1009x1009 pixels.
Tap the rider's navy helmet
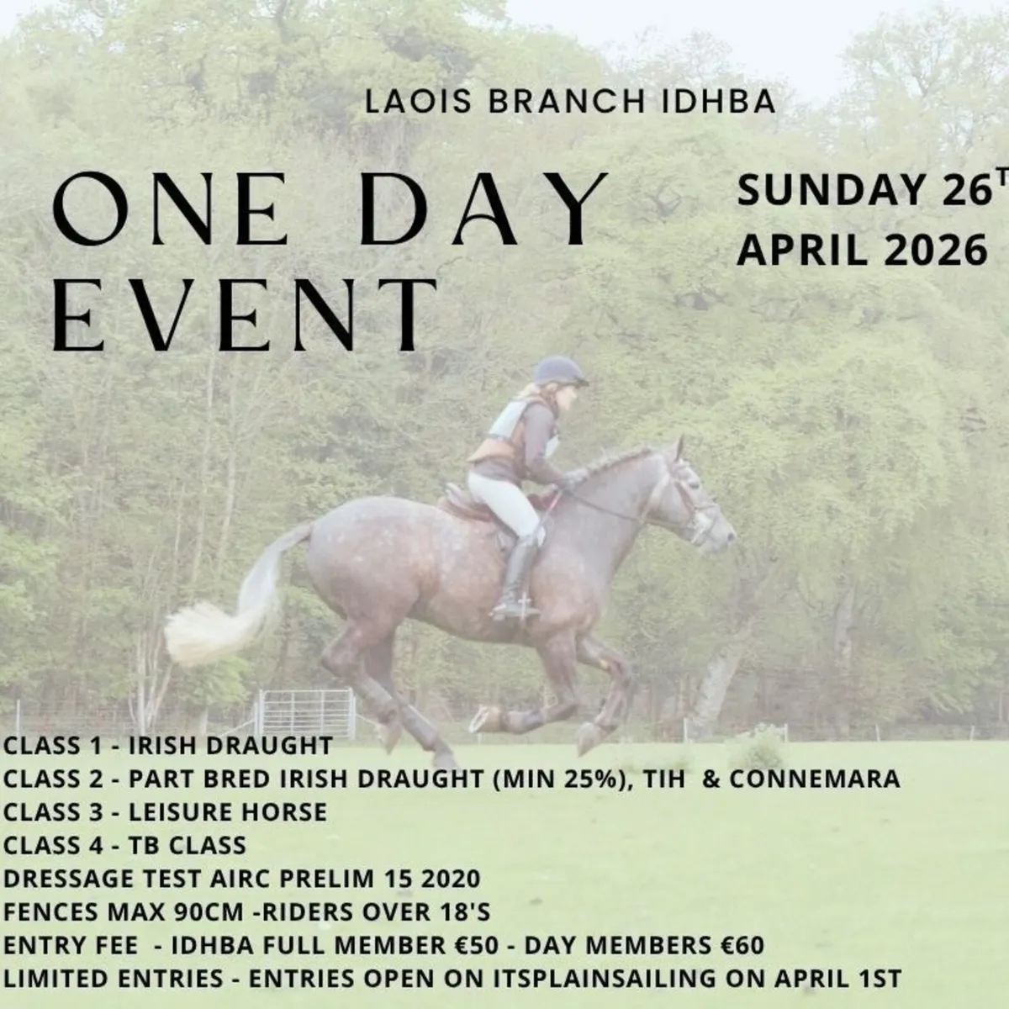click(x=559, y=370)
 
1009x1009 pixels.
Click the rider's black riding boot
click(x=517, y=576)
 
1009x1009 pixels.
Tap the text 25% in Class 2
click(x=594, y=779)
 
